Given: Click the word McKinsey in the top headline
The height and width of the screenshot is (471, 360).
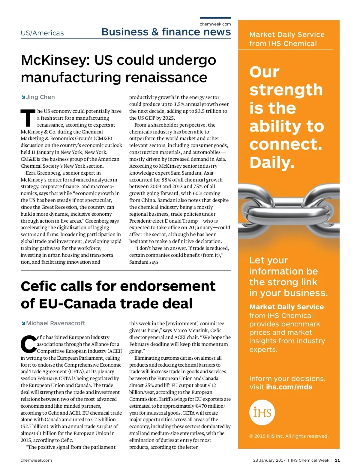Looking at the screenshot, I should click(x=55, y=60).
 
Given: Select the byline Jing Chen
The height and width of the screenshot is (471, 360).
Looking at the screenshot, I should click(x=40, y=97).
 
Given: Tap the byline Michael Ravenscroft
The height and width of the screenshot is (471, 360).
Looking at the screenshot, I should click(x=55, y=323).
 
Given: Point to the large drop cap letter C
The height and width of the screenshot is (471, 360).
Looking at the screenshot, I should click(x=28, y=344).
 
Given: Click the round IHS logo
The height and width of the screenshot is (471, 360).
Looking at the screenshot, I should click(x=262, y=412).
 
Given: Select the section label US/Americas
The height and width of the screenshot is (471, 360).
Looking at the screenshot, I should click(x=42, y=33).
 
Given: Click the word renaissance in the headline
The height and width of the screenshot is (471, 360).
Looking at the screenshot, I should click(x=166, y=77).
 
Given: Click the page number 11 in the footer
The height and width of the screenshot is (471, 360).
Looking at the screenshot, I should click(x=337, y=460).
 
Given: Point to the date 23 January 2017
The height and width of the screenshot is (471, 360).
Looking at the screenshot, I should click(x=269, y=460).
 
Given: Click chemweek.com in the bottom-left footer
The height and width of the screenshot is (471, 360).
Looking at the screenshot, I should click(x=36, y=460).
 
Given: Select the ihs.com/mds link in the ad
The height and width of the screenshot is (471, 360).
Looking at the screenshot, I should click(x=289, y=387).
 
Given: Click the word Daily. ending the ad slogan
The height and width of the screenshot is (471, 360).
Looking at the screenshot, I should click(x=272, y=163).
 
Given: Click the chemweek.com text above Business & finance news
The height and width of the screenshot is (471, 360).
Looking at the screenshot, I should click(x=215, y=24).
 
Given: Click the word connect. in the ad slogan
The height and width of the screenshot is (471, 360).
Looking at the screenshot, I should click(x=286, y=144).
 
